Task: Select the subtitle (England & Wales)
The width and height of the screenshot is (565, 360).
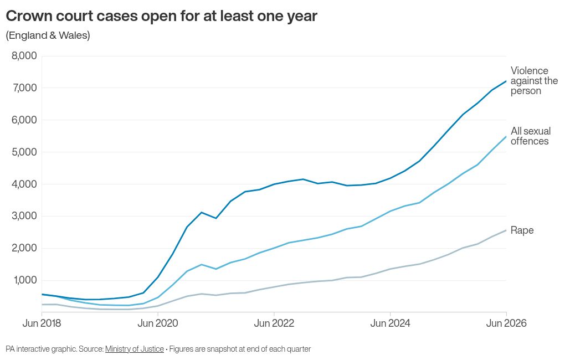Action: click(48, 35)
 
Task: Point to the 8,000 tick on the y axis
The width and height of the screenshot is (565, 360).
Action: click(24, 56)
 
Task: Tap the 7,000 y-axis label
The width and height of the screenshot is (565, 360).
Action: click(24, 88)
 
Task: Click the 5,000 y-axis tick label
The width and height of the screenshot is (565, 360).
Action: click(24, 152)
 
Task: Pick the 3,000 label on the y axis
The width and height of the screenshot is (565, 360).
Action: click(24, 216)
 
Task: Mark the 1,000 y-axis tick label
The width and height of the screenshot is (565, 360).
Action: click(25, 280)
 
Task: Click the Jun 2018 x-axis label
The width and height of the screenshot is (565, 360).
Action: click(42, 323)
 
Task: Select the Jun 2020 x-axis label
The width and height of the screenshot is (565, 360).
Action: click(158, 323)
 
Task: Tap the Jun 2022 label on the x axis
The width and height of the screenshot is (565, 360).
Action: click(274, 323)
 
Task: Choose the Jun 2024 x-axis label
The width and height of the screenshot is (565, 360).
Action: click(391, 323)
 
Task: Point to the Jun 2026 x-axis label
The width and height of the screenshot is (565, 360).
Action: click(506, 323)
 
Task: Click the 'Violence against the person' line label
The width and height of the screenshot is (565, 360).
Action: click(534, 81)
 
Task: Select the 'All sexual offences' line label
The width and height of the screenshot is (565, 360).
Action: click(531, 136)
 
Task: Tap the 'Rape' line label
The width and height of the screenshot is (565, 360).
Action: click(522, 230)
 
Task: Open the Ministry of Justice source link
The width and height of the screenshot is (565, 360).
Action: click(135, 349)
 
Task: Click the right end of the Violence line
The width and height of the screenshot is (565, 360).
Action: click(506, 81)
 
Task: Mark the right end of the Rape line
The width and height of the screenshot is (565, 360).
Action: click(506, 230)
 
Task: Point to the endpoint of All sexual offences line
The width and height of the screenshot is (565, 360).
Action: click(506, 137)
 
